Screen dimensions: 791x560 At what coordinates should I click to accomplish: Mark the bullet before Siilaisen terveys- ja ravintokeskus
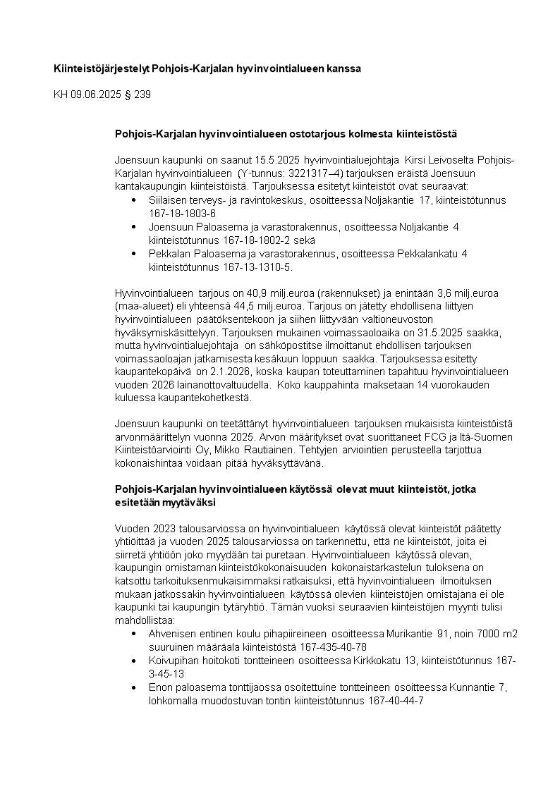coord(135,201)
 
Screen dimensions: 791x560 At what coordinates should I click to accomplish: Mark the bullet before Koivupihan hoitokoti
coord(135,661)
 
